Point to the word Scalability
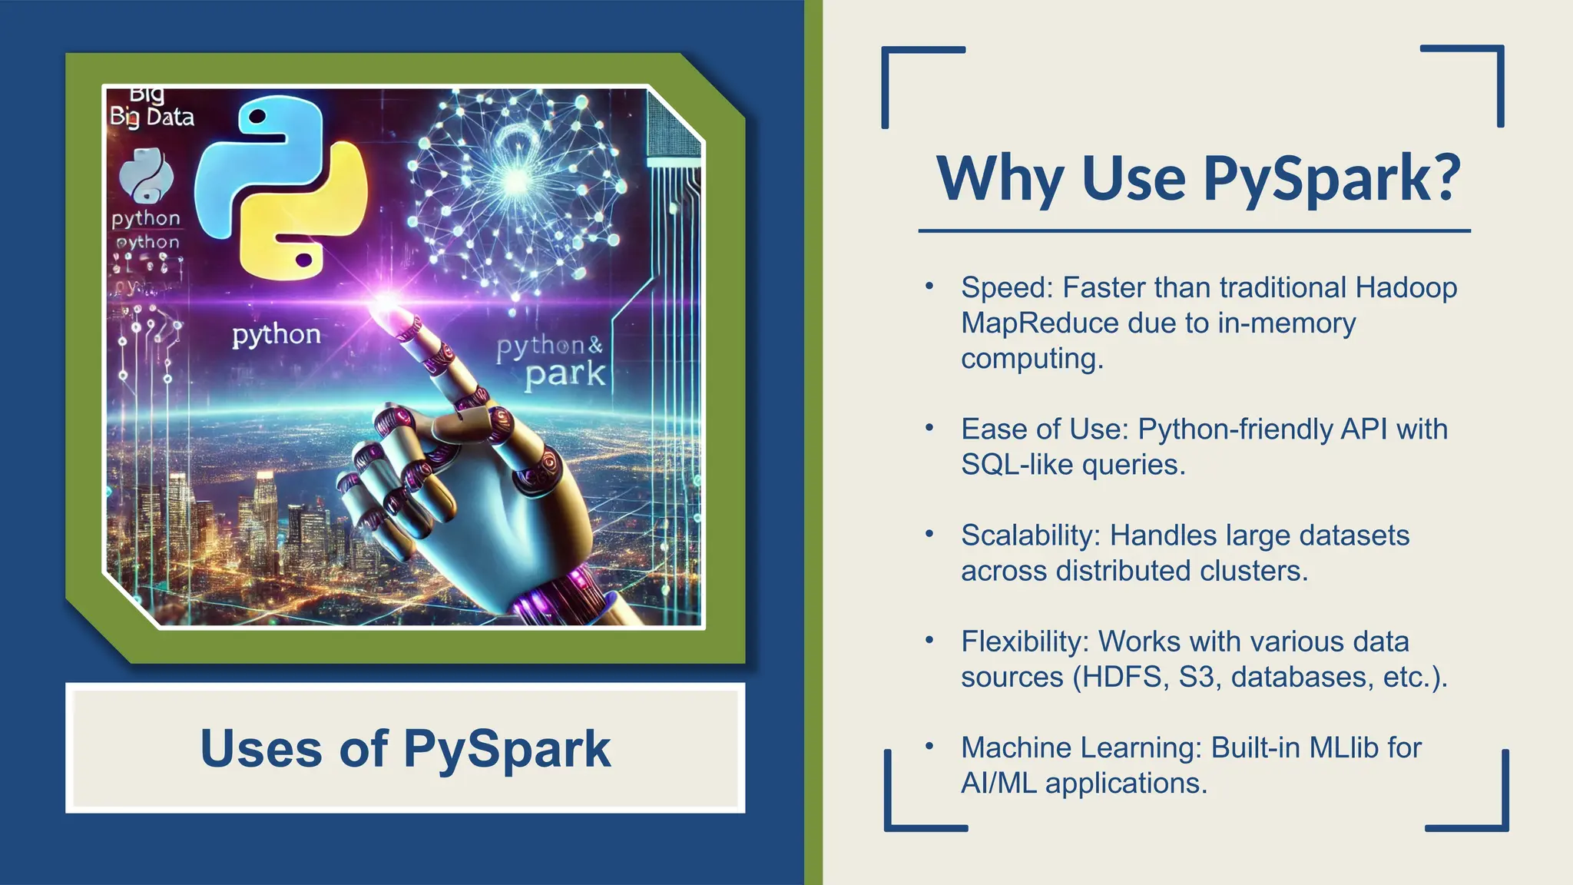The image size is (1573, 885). [x=1032, y=535]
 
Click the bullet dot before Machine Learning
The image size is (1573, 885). [x=929, y=745]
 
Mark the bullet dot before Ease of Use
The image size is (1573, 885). [x=929, y=427]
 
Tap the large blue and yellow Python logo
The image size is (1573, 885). [x=281, y=188]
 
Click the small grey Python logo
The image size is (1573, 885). [x=146, y=175]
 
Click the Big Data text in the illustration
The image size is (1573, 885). [x=152, y=117]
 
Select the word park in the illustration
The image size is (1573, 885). [x=565, y=375]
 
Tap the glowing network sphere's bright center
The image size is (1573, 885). [x=516, y=181]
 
